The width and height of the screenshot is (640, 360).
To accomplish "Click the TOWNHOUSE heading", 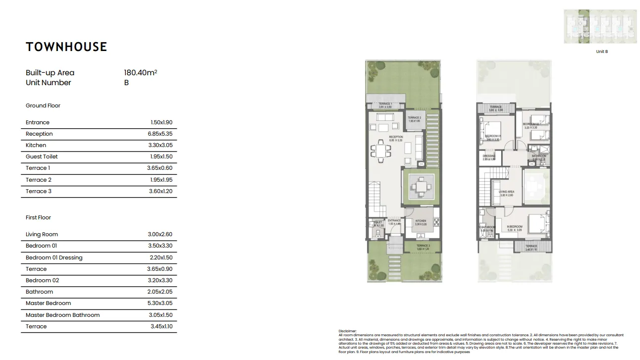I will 66,47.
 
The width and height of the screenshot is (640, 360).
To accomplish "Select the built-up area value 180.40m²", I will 140,73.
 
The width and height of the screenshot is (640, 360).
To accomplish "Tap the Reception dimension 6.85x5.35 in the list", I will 161,134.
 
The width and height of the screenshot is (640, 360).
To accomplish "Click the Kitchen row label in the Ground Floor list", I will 36,145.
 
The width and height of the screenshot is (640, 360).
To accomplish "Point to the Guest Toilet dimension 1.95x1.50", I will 161,156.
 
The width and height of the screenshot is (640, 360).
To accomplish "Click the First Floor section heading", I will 38,217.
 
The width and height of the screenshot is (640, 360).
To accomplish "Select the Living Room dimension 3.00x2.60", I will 161,234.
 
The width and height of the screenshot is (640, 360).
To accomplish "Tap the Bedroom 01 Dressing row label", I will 54,257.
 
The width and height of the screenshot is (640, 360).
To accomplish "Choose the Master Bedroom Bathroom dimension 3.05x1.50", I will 161,315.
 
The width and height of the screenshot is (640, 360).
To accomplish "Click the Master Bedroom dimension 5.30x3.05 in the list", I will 161,303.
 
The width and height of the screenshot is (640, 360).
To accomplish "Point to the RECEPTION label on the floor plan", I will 396,137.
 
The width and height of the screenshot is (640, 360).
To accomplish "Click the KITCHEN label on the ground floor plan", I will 421,221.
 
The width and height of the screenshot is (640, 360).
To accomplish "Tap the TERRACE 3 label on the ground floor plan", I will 423,246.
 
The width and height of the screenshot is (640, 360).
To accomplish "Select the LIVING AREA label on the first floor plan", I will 506,192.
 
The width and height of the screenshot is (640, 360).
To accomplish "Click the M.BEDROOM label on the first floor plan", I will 515,227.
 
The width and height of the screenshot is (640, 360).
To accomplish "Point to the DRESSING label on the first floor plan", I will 488,156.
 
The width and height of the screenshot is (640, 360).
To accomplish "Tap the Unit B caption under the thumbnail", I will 602,51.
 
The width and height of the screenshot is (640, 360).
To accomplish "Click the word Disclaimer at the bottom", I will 347,330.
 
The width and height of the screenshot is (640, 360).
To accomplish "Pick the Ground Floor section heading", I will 43,105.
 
